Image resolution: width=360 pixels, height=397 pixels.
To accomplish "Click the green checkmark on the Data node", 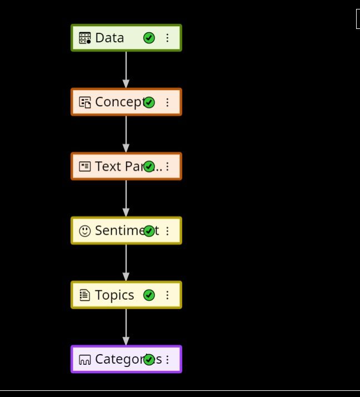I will tap(149, 38).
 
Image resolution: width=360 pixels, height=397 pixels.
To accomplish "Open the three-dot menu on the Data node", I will tap(167, 38).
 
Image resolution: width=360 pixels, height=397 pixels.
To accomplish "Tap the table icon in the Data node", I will tap(85, 38).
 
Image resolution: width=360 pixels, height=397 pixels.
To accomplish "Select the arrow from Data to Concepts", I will tap(126, 70).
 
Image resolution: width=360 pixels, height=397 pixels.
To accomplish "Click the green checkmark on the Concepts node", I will tap(149, 102).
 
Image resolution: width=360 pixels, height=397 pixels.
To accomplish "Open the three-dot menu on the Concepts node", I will tap(167, 102).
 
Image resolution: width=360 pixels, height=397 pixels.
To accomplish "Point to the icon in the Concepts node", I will tap(85, 102).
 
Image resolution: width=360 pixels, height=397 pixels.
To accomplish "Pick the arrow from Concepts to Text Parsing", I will tap(126, 134).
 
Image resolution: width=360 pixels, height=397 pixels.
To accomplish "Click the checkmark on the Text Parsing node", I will tap(149, 166).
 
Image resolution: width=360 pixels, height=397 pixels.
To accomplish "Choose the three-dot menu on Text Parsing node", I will tap(167, 166).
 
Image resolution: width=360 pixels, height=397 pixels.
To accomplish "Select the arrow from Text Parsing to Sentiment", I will tap(126, 198).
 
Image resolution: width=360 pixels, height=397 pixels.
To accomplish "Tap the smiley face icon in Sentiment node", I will tap(85, 231).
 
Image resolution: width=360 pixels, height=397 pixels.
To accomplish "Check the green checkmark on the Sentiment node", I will tap(149, 231).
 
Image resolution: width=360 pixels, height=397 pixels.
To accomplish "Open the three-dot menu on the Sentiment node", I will tap(167, 231).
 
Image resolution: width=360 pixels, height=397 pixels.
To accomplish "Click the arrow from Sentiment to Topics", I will tap(126, 263).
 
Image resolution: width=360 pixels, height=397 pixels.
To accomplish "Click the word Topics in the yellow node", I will tap(114, 295).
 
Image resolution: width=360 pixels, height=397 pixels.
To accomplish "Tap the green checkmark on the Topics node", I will tap(149, 295).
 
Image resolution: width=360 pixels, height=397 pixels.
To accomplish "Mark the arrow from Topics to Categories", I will tap(126, 327).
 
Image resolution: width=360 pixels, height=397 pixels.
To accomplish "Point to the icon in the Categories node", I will tap(85, 360).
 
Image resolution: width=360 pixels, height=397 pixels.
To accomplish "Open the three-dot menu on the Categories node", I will tap(167, 359).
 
